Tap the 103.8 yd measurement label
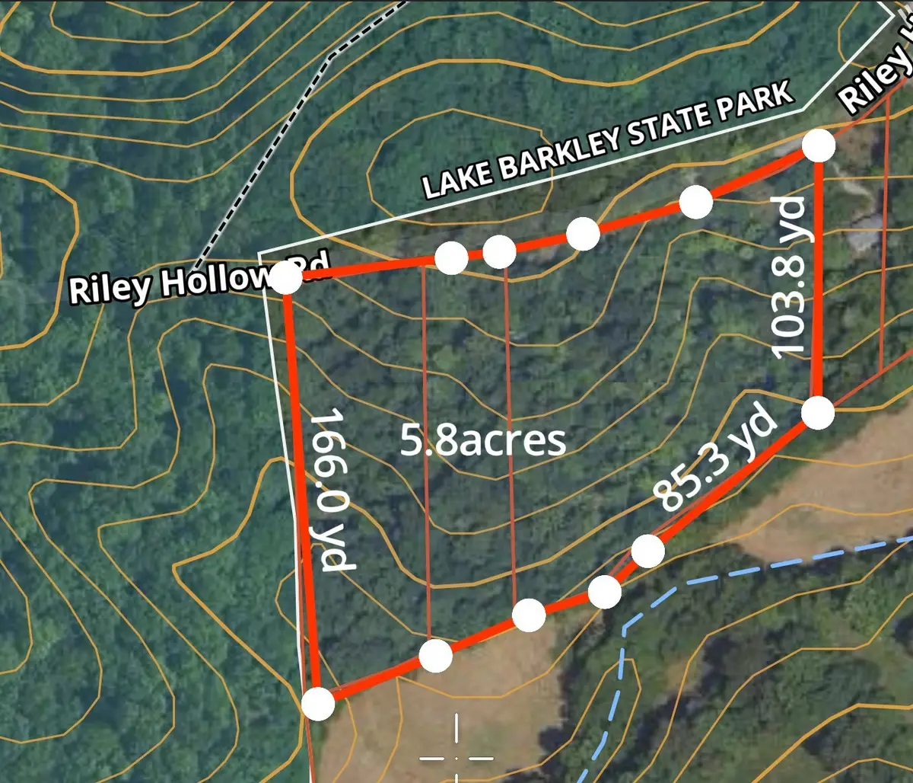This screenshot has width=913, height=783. [788, 276]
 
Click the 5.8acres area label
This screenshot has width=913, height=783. [483, 441]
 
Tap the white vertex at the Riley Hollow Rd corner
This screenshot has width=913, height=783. [286, 279]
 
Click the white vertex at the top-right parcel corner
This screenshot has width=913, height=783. [819, 145]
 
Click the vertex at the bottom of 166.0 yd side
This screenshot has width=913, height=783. [318, 704]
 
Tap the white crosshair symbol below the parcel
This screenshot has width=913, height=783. [456, 757]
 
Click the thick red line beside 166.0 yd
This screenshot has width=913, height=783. [302, 495]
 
